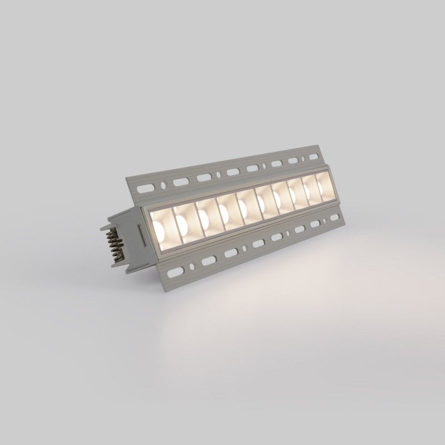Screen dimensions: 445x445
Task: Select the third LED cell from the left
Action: [206, 215]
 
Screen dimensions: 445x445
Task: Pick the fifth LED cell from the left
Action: [245, 205]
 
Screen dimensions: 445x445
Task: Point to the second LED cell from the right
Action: [309, 190]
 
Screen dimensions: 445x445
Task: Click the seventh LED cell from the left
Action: [278, 197]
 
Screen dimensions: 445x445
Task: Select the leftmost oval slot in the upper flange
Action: [180, 182]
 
